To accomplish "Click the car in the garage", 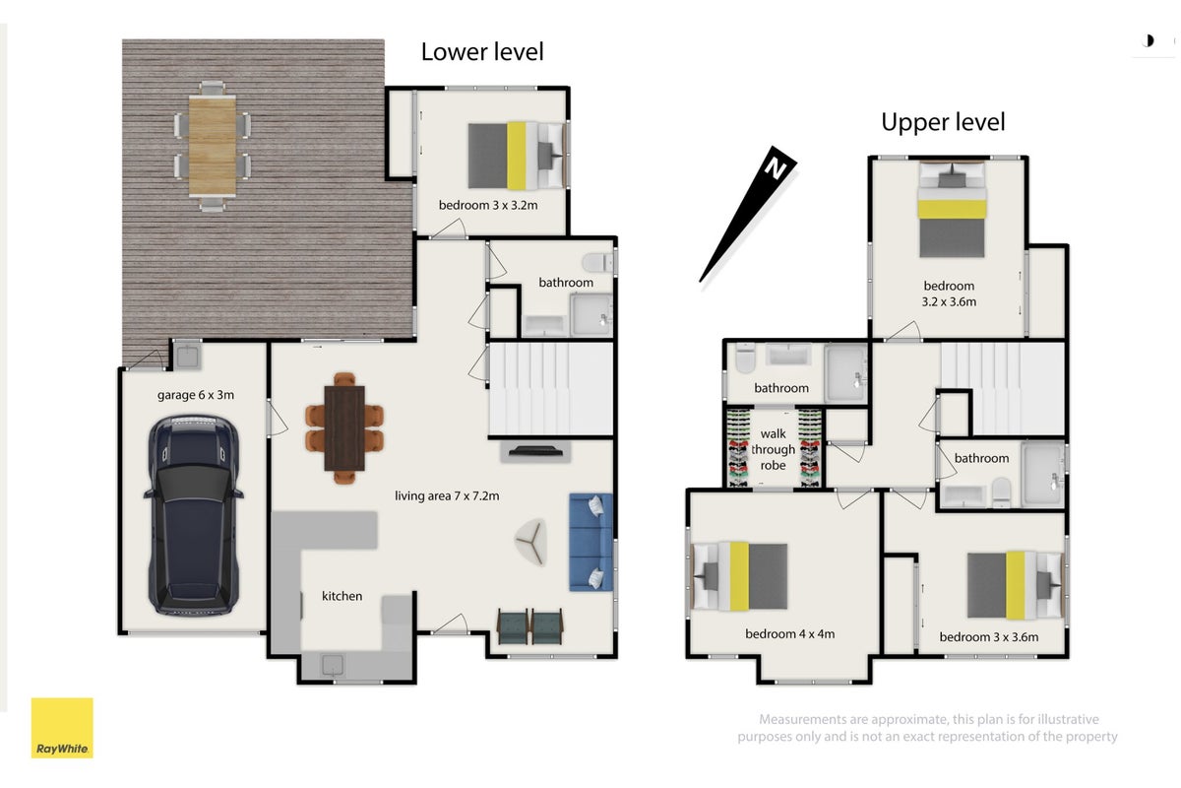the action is click(x=194, y=516).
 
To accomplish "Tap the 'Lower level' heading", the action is click(x=482, y=52).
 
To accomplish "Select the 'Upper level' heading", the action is click(x=943, y=122).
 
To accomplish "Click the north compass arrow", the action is click(x=748, y=214).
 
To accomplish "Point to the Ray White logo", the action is click(x=62, y=728).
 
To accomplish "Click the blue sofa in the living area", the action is click(x=591, y=542).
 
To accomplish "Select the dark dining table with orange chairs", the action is click(x=344, y=428).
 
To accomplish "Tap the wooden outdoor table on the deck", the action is click(x=213, y=146).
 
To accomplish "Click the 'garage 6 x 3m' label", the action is click(x=196, y=395).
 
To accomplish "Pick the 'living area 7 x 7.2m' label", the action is click(x=447, y=495).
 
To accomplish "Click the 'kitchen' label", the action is click(x=342, y=596).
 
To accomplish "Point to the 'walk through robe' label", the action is click(x=773, y=449).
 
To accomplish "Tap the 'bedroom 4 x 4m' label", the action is click(x=789, y=634).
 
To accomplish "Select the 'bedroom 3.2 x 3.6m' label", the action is click(x=949, y=294).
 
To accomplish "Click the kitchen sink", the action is click(x=333, y=666).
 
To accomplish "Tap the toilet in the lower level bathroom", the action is click(x=598, y=262).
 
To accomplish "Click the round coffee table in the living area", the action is click(x=530, y=542).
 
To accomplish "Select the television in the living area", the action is click(x=534, y=451).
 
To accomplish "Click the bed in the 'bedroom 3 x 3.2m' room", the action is click(x=517, y=156).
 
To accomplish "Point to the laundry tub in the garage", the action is click(x=187, y=357).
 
